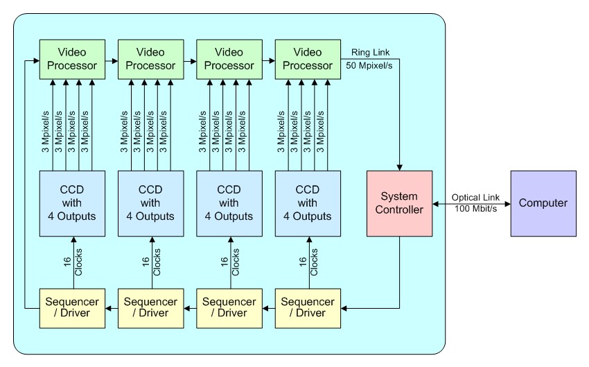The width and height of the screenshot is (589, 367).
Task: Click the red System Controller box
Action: (x=399, y=203)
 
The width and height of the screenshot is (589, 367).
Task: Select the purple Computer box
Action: (x=543, y=203)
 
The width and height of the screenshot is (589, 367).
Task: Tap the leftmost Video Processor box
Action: (x=72, y=59)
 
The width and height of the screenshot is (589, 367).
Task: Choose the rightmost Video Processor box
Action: (x=308, y=59)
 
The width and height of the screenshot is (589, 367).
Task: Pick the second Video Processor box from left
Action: (x=150, y=59)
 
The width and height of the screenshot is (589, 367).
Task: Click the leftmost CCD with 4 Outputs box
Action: (x=72, y=203)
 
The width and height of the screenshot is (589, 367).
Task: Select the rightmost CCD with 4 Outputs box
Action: (x=308, y=203)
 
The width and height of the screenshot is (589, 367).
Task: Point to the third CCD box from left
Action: (x=229, y=203)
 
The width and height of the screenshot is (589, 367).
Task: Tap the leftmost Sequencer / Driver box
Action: (x=72, y=307)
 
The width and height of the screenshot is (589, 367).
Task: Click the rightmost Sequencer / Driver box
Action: (x=308, y=307)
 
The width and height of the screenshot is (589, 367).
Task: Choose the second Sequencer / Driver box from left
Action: (x=150, y=307)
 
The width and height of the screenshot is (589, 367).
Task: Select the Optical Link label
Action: (x=471, y=197)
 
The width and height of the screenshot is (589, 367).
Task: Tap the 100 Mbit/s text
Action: (x=475, y=209)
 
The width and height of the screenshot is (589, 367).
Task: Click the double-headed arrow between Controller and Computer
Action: (x=471, y=203)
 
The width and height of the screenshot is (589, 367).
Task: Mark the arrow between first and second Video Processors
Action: (x=111, y=60)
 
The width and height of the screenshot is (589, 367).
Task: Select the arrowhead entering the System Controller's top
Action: (x=399, y=167)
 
